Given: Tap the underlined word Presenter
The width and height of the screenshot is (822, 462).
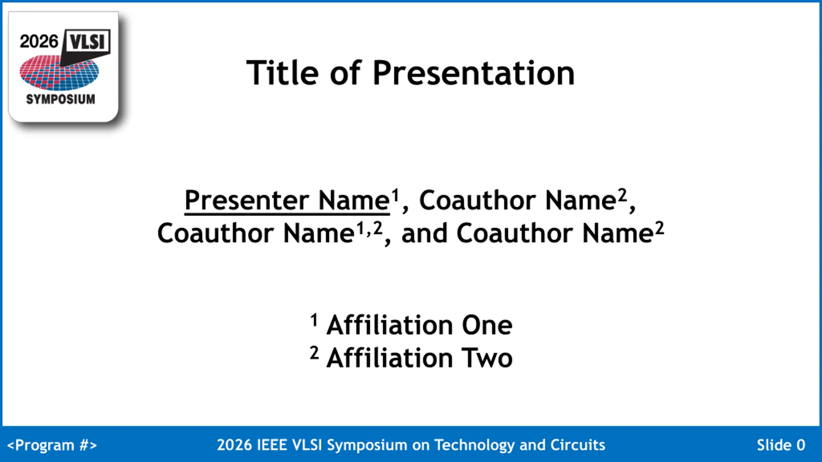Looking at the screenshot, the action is [x=247, y=201].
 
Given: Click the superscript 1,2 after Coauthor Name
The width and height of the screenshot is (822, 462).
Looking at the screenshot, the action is [x=370, y=228].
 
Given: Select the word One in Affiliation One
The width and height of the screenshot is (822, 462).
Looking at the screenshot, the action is [x=487, y=325].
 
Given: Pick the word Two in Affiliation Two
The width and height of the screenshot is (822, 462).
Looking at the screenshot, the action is [x=487, y=358].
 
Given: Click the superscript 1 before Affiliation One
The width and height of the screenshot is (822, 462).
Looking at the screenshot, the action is [x=314, y=320].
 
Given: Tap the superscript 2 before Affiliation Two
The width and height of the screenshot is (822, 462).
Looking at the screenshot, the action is [x=314, y=353].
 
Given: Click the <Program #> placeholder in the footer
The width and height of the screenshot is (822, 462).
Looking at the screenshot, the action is [x=52, y=445].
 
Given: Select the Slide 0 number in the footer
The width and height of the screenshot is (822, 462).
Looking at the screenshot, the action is [x=781, y=445].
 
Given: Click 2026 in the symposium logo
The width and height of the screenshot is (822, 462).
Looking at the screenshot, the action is [x=39, y=42].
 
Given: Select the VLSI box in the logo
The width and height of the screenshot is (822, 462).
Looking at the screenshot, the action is [x=87, y=42].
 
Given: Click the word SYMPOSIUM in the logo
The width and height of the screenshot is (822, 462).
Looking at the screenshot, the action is [x=61, y=99].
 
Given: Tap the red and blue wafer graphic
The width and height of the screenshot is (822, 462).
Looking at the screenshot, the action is [x=59, y=73].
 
